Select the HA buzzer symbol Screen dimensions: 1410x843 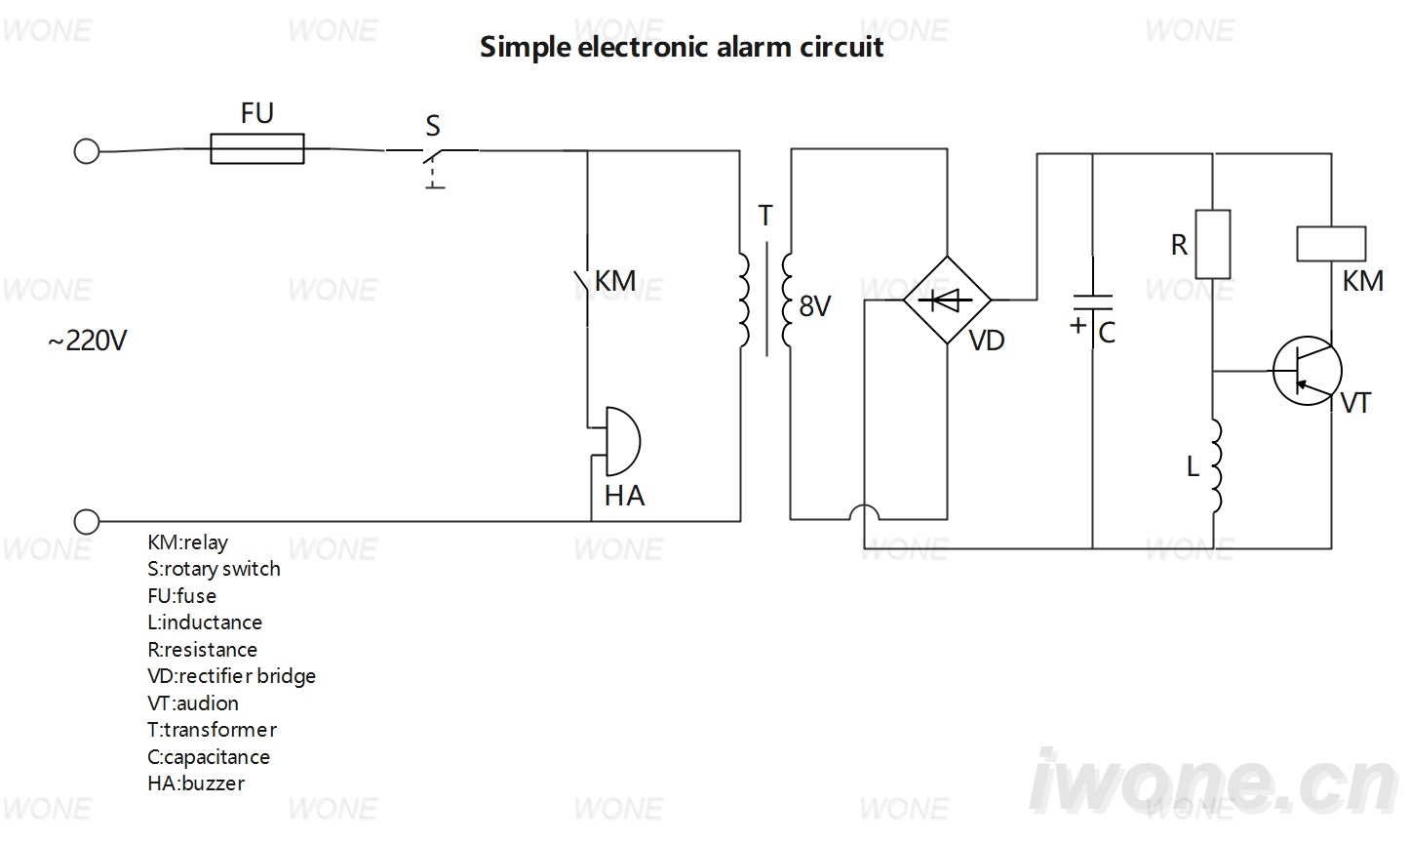click(x=622, y=441)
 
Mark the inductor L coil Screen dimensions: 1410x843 click(x=1216, y=466)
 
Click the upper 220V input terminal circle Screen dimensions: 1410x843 click(x=87, y=151)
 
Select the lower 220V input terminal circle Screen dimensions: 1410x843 click(x=87, y=522)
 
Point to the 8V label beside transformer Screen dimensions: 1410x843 click(x=815, y=306)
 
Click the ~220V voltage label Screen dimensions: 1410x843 click(x=88, y=341)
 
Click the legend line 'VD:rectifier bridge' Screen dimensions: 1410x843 click(x=232, y=676)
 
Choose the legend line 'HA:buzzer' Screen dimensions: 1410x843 click(x=196, y=783)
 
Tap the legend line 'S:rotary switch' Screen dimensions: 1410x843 click(x=214, y=569)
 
